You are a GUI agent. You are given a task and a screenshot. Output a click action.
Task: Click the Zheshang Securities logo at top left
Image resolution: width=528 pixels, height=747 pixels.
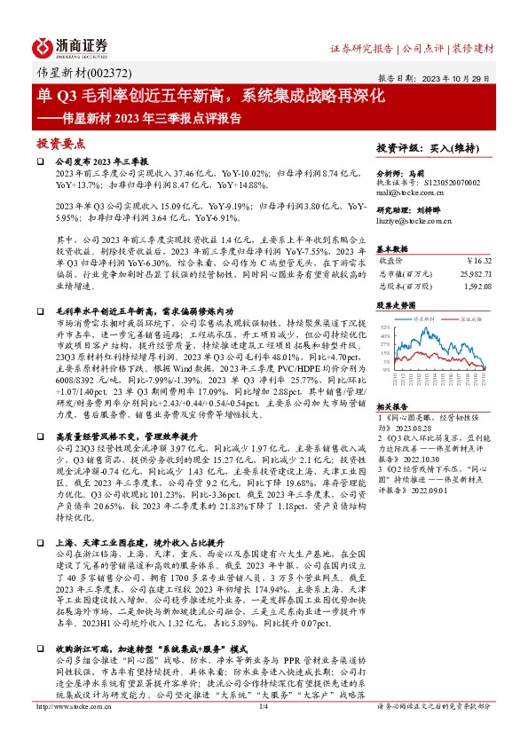(x=71, y=47)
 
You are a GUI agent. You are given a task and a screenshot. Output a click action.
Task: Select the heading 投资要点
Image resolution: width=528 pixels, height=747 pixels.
(x=60, y=142)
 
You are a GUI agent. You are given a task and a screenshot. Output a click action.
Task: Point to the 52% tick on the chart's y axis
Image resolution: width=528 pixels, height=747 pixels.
(x=383, y=327)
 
